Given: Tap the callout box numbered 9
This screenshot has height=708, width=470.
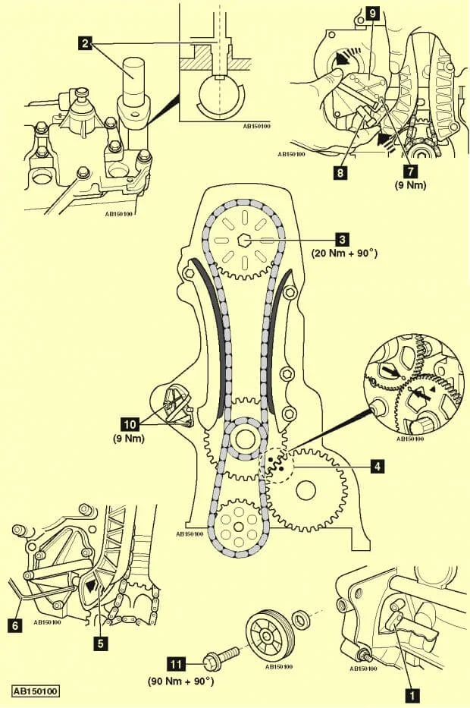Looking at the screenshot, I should coord(372,13).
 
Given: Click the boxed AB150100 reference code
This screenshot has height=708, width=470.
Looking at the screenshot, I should coord(36,691).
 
